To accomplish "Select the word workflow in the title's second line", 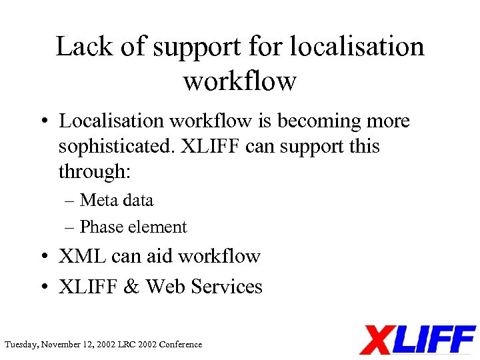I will pyautogui.click(x=239, y=81).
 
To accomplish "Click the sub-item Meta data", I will pyautogui.click(x=116, y=201).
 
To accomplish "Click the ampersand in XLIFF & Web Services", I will pyautogui.click(x=131, y=287).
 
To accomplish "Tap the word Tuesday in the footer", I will pyautogui.click(x=21, y=345).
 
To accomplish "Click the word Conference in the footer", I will pyautogui.click(x=181, y=345).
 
